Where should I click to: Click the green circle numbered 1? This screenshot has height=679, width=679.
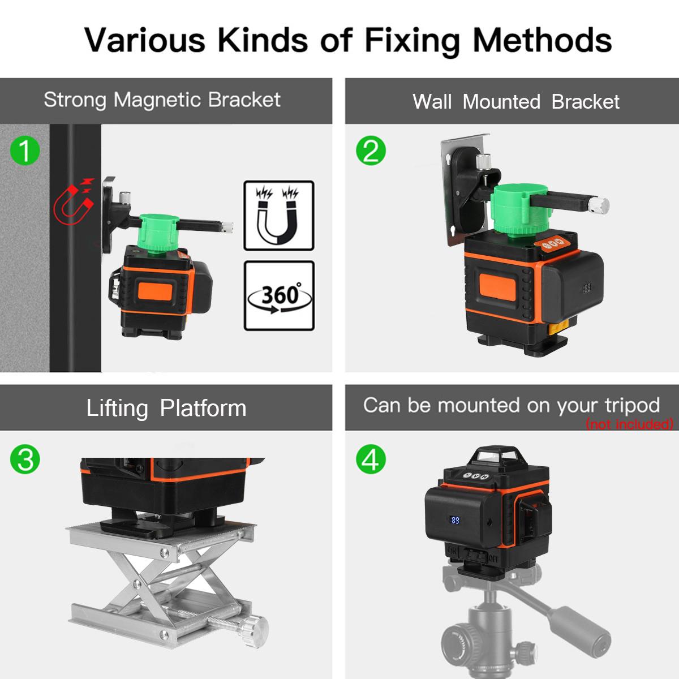point(25,151)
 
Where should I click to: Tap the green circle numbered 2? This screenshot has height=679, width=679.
point(371,151)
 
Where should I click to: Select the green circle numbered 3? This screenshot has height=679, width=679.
point(25,459)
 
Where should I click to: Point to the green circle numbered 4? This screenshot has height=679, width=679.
point(371,459)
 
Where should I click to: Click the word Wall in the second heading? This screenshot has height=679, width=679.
point(432,102)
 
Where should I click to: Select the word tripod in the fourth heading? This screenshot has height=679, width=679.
point(633,406)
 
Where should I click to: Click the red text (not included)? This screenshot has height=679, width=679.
point(630,424)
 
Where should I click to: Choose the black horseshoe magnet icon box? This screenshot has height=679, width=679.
point(279,216)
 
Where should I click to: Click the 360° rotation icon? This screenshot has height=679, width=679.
point(279,296)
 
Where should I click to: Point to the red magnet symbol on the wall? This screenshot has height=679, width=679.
point(74,201)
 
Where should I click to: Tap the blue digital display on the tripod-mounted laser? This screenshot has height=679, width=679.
point(454,520)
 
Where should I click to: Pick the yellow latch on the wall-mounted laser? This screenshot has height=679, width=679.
point(559,328)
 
